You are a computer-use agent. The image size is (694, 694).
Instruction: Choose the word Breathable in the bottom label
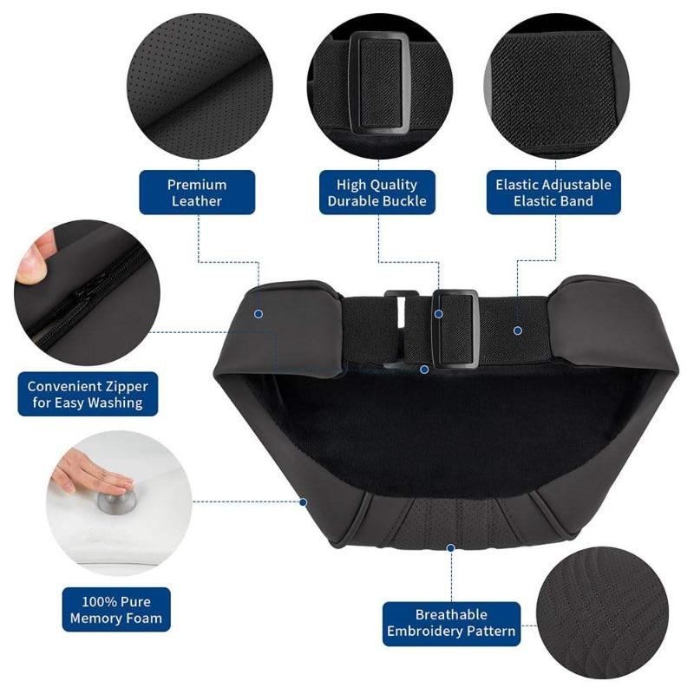click(x=451, y=615)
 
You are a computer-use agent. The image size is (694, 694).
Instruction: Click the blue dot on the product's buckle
click(x=439, y=313)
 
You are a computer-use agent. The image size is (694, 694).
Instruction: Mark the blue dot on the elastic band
click(x=517, y=330)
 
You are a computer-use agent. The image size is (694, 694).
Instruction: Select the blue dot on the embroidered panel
click(x=451, y=547)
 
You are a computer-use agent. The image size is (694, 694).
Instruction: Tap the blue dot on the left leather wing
click(x=259, y=312)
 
